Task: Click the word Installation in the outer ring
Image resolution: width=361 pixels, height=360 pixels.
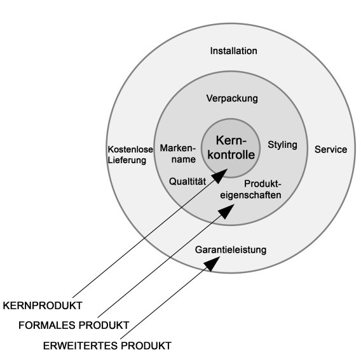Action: pyautogui.click(x=233, y=51)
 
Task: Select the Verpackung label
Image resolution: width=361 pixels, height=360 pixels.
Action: pyautogui.click(x=232, y=98)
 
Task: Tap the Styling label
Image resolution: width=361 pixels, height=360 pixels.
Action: pyautogui.click(x=282, y=145)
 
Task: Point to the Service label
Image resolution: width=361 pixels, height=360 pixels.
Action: pyautogui.click(x=330, y=149)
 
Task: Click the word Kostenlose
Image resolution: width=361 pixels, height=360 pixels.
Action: pyautogui.click(x=130, y=149)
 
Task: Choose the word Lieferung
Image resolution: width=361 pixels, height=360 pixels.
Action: pyautogui.click(x=127, y=160)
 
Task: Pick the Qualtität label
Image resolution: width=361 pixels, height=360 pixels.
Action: pyautogui.click(x=187, y=182)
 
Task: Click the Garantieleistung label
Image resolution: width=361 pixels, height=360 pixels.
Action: pyautogui.click(x=231, y=250)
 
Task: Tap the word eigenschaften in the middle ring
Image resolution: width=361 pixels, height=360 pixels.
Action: pyautogui.click(x=250, y=195)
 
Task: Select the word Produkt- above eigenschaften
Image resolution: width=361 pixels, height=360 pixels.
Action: pyautogui.click(x=262, y=183)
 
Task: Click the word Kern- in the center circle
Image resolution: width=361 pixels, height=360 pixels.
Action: pyautogui.click(x=231, y=140)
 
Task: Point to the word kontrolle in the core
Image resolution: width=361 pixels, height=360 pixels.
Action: pyautogui.click(x=231, y=154)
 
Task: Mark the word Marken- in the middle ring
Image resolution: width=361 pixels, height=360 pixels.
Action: pyautogui.click(x=177, y=148)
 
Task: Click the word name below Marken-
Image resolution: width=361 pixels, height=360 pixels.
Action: pyautogui.click(x=184, y=159)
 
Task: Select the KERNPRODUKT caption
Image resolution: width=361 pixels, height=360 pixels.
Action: pyautogui.click(x=43, y=305)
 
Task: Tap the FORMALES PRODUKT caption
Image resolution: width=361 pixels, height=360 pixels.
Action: pyautogui.click(x=74, y=325)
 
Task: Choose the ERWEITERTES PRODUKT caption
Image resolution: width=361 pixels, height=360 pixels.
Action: pyautogui.click(x=107, y=346)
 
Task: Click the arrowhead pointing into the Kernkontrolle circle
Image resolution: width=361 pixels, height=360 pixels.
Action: pyautogui.click(x=220, y=175)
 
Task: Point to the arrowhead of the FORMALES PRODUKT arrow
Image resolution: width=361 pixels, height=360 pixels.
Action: pyautogui.click(x=226, y=211)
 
